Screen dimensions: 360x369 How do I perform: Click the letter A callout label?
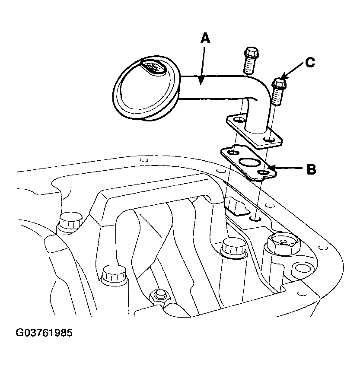205,38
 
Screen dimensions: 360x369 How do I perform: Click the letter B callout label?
311,169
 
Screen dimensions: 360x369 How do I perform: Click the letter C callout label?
310,62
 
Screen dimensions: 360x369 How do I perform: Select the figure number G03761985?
44,333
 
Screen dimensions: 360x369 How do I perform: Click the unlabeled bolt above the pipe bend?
251,60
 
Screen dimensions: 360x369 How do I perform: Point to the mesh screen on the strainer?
153,67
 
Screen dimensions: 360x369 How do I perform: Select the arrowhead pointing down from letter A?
201,80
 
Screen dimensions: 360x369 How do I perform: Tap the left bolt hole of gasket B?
234,153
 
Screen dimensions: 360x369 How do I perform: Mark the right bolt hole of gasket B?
264,173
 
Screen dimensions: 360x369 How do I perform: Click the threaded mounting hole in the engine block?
255,219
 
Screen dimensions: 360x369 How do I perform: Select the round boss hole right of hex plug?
300,268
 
